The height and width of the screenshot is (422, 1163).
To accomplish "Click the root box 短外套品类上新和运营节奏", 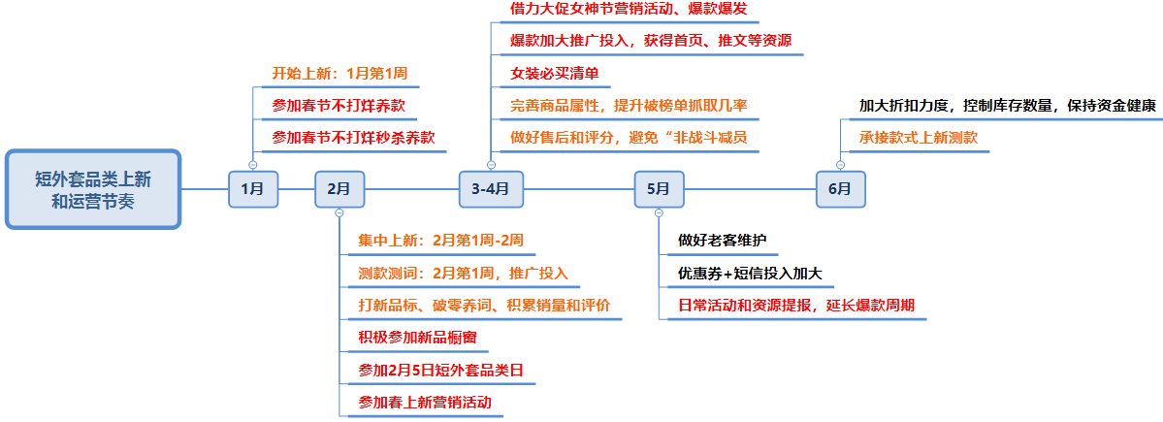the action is (93, 189).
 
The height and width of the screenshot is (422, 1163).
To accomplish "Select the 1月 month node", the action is (252, 189).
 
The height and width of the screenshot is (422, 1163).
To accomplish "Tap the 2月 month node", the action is (339, 189).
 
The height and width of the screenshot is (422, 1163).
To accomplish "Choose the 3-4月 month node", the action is (490, 189).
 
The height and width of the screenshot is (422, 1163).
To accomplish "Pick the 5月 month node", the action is (659, 189).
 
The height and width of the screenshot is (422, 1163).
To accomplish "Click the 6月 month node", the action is (840, 189).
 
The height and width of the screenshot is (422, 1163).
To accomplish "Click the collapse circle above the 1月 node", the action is (252, 165).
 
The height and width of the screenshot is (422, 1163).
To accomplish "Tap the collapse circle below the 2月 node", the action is (339, 212).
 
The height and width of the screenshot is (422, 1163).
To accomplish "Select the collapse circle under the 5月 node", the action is (659, 212).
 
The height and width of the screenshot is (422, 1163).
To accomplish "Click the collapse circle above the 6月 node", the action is (840, 165).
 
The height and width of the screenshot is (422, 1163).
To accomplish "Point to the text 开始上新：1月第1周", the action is (339, 74).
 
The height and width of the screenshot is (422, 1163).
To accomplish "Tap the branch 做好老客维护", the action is (723, 241).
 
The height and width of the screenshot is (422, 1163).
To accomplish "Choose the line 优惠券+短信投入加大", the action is (750, 273).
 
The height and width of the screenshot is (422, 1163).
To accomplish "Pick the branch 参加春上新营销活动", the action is (424, 402).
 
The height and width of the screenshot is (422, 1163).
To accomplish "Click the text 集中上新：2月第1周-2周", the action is (441, 241).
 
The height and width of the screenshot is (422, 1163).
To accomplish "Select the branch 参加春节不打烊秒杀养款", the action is (353, 137).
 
